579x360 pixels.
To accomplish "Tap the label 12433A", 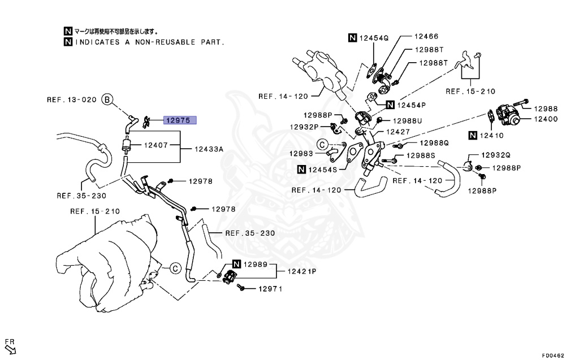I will point(209,149).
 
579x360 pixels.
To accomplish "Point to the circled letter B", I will point(108,100).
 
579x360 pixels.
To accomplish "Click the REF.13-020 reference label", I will point(71,100).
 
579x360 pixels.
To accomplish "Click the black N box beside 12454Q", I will point(352,38).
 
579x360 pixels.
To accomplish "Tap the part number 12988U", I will point(408,120).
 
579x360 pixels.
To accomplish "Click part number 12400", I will point(546,119).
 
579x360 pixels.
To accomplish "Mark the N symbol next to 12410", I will point(473,135).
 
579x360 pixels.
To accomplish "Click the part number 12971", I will point(270,289).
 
